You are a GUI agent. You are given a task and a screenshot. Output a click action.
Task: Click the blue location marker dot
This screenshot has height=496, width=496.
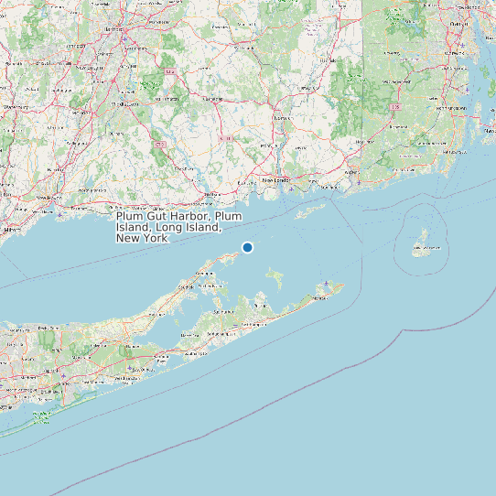(247, 247)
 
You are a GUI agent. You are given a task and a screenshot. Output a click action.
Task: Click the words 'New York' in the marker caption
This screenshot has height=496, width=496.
(143, 238)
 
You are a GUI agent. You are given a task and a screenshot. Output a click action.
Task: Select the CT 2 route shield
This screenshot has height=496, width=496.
(228, 138)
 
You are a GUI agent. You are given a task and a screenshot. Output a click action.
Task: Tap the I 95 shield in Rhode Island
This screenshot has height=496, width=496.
(395, 107)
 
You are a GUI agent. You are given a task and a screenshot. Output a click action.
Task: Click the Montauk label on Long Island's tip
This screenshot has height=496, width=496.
(322, 296)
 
